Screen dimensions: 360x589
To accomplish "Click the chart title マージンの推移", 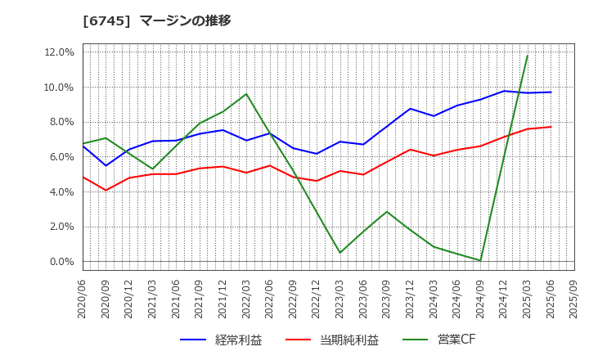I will (185, 20).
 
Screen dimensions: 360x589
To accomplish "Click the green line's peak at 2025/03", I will (528, 56).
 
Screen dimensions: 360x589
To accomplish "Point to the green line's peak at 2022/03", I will (246, 93).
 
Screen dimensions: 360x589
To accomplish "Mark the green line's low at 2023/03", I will (340, 253).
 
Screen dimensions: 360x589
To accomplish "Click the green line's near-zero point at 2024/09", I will (480, 261).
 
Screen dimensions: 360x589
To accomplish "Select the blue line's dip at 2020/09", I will (106, 165).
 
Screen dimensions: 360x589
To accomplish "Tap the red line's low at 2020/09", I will (106, 191).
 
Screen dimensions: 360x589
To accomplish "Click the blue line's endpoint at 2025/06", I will (551, 92).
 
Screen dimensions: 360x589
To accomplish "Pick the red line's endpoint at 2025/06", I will (551, 127).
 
